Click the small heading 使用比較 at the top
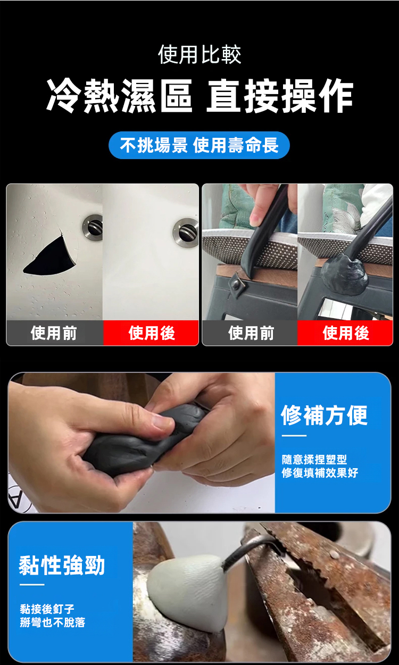pyautogui.click(x=199, y=55)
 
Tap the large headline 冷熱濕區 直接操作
pyautogui.click(x=200, y=96)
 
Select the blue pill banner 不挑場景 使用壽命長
pyautogui.click(x=199, y=145)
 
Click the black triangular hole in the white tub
pyautogui.click(x=50, y=257)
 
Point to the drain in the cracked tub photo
pyautogui.click(x=93, y=227)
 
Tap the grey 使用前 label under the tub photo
pyautogui.click(x=54, y=333)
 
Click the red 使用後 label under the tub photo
pyautogui.click(x=152, y=333)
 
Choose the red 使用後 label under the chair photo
pyautogui.click(x=346, y=333)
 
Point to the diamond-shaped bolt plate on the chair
pyautogui.click(x=236, y=284)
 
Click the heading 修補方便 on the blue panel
pyautogui.click(x=324, y=415)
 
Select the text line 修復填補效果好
pyautogui.click(x=320, y=472)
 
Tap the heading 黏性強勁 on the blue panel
pyautogui.click(x=62, y=566)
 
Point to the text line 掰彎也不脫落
pyautogui.click(x=53, y=622)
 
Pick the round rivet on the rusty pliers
pyautogui.click(x=335, y=553)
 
